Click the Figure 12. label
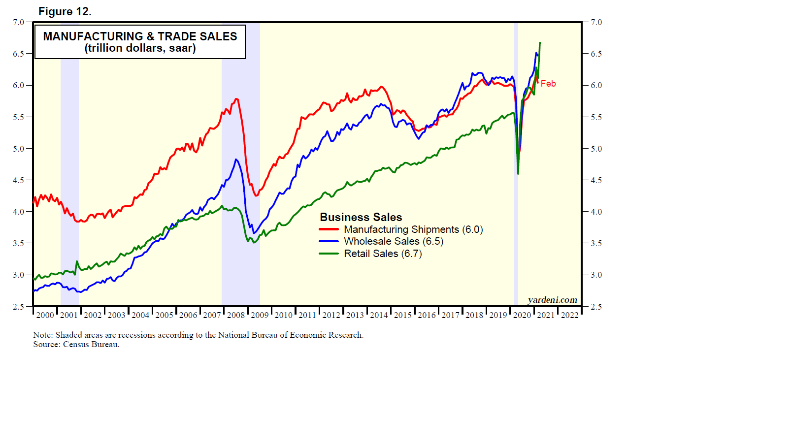(x=65, y=11)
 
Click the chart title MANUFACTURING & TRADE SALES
(x=140, y=36)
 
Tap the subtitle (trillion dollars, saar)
(x=140, y=48)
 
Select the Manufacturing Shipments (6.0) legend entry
(x=413, y=229)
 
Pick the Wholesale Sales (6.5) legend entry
(x=393, y=241)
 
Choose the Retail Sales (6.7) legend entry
(x=382, y=254)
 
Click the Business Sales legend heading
(x=361, y=217)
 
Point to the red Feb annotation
(x=548, y=84)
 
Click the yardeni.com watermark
(x=552, y=300)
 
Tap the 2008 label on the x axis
(x=236, y=315)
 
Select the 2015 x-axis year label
(x=403, y=315)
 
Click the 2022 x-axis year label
(x=570, y=315)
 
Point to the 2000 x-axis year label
(x=45, y=315)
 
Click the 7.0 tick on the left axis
(x=18, y=22)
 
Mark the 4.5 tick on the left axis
(x=18, y=180)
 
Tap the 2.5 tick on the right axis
(x=596, y=307)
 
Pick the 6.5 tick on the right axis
(x=596, y=54)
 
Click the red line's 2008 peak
(x=237, y=99)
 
